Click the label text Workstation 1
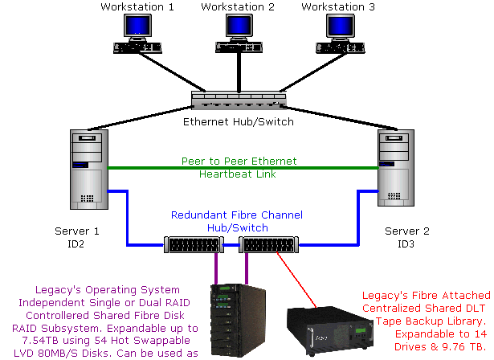pos(137,7)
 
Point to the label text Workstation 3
pos(338,7)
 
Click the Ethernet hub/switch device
pos(239,100)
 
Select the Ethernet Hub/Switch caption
pos(239,122)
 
